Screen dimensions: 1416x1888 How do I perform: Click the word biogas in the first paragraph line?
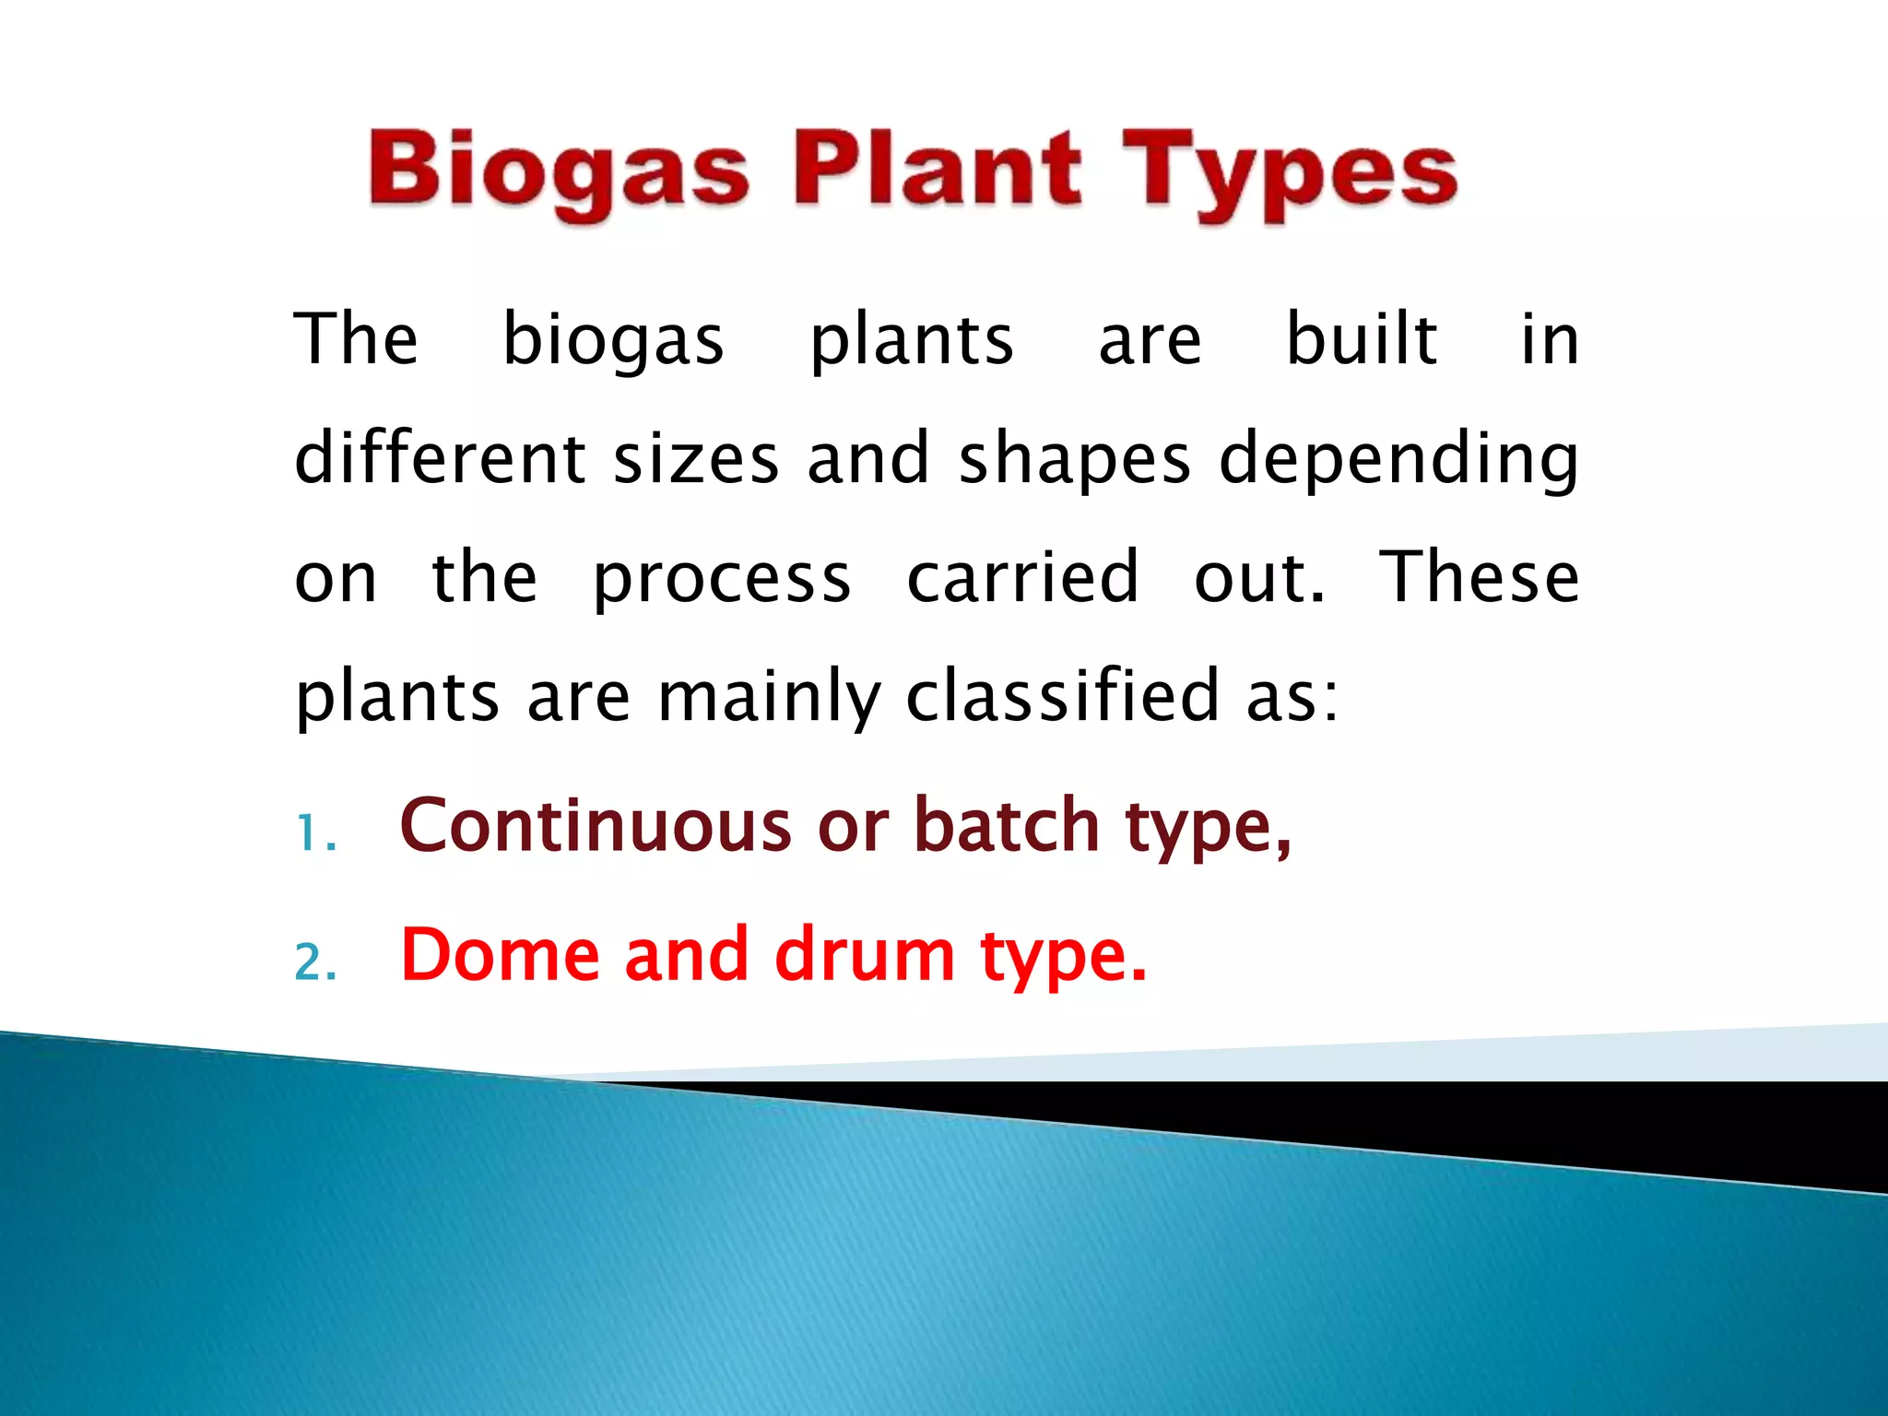coord(613,341)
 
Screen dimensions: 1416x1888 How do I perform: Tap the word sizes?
coord(696,459)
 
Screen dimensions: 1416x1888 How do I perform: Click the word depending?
coord(1398,459)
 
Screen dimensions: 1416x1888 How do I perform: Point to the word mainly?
coord(769,697)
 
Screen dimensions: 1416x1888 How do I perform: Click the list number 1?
coord(310,835)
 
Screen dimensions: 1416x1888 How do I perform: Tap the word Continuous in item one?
coord(596,825)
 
